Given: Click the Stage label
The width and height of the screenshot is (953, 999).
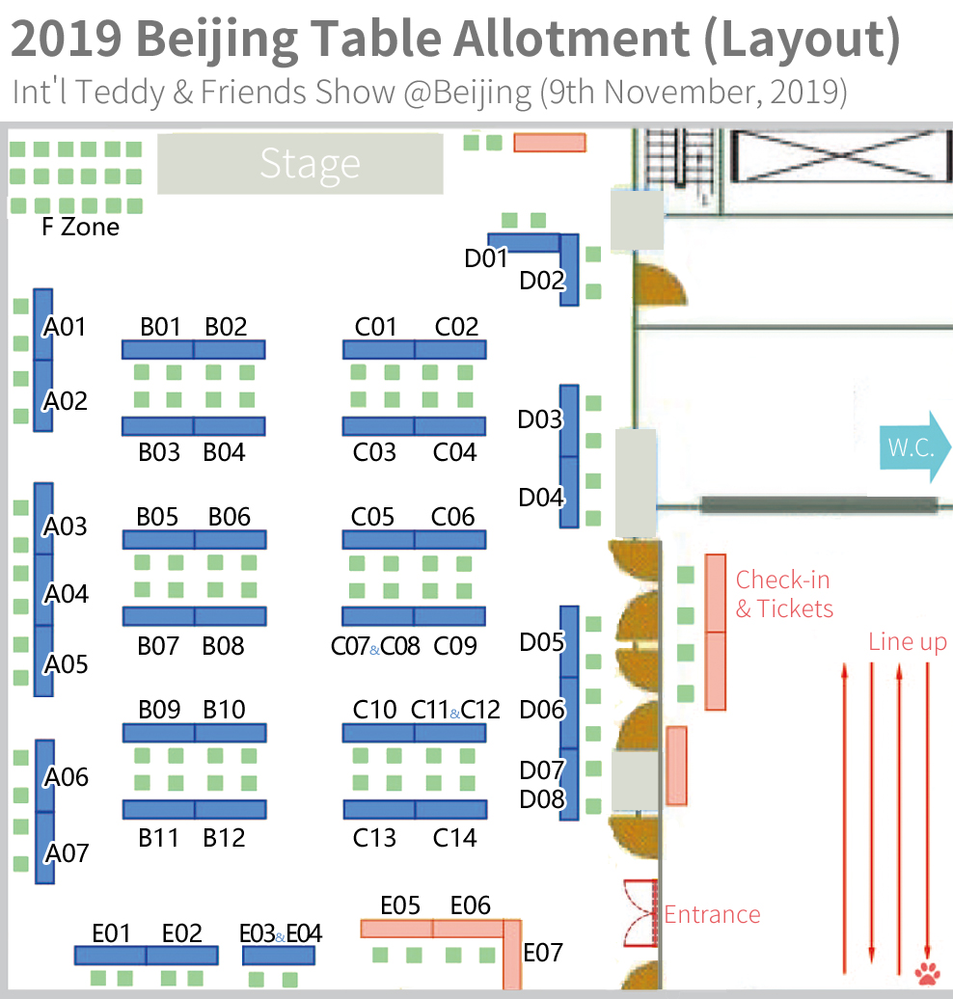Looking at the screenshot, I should (x=309, y=164).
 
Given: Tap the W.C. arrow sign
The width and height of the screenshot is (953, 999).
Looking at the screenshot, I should (x=913, y=447).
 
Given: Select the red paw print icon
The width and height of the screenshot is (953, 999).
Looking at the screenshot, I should (x=929, y=971).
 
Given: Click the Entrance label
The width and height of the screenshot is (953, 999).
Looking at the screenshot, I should (x=712, y=914).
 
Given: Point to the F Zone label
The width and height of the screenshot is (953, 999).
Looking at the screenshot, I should (x=81, y=228).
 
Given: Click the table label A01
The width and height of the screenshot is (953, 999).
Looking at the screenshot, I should (x=66, y=327).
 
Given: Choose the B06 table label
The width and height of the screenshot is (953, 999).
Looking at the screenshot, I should (x=230, y=517).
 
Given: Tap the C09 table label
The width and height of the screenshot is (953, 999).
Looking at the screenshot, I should (x=455, y=645).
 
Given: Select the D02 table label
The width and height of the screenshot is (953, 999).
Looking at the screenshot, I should (x=541, y=281).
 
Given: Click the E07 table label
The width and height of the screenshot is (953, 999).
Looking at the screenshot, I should (x=542, y=953).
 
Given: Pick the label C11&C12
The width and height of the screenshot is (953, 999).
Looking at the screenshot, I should (x=455, y=711).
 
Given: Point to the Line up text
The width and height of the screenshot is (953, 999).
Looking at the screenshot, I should (x=907, y=642).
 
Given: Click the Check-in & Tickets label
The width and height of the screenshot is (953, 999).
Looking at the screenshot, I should (x=783, y=594).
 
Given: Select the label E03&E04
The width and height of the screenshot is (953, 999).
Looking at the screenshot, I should (x=280, y=933).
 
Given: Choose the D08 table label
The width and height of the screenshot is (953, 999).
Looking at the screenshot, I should (x=540, y=799).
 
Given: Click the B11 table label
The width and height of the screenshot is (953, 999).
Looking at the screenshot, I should (x=159, y=838).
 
